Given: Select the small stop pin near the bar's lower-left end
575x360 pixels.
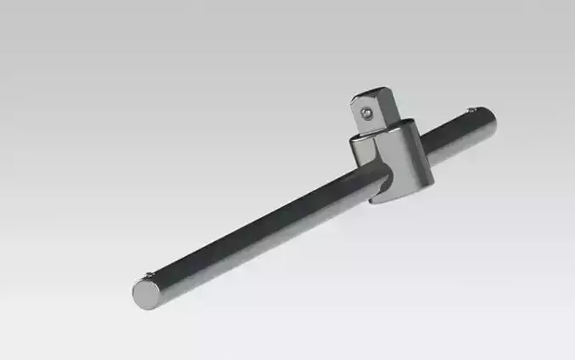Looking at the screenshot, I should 150,274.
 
